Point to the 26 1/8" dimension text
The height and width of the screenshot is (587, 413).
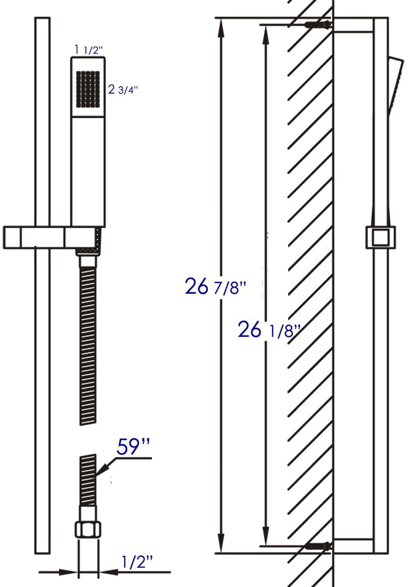269,330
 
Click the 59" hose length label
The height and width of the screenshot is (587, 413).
133,447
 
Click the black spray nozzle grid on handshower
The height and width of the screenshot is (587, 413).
88,90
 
